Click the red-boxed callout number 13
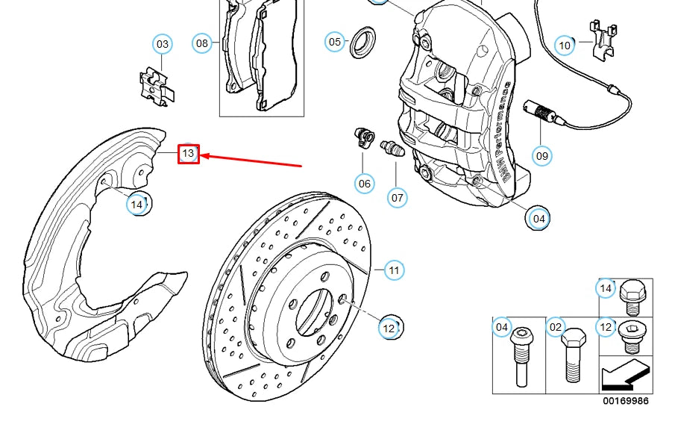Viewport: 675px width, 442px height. (x=188, y=154)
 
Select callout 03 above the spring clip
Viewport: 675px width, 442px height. (x=163, y=45)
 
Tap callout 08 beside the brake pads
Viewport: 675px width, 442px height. (x=202, y=43)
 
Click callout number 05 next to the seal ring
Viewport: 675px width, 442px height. (x=335, y=42)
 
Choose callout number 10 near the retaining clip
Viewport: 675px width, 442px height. (x=565, y=46)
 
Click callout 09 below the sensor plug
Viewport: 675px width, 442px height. (x=542, y=155)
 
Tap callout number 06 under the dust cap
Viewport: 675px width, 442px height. (x=364, y=183)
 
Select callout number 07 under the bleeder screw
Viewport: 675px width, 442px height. (x=398, y=197)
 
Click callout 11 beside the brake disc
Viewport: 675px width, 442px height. (x=394, y=270)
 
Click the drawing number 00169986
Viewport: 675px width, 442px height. (x=626, y=401)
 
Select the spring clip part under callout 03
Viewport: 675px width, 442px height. (x=157, y=84)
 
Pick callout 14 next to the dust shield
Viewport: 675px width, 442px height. (x=137, y=203)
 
